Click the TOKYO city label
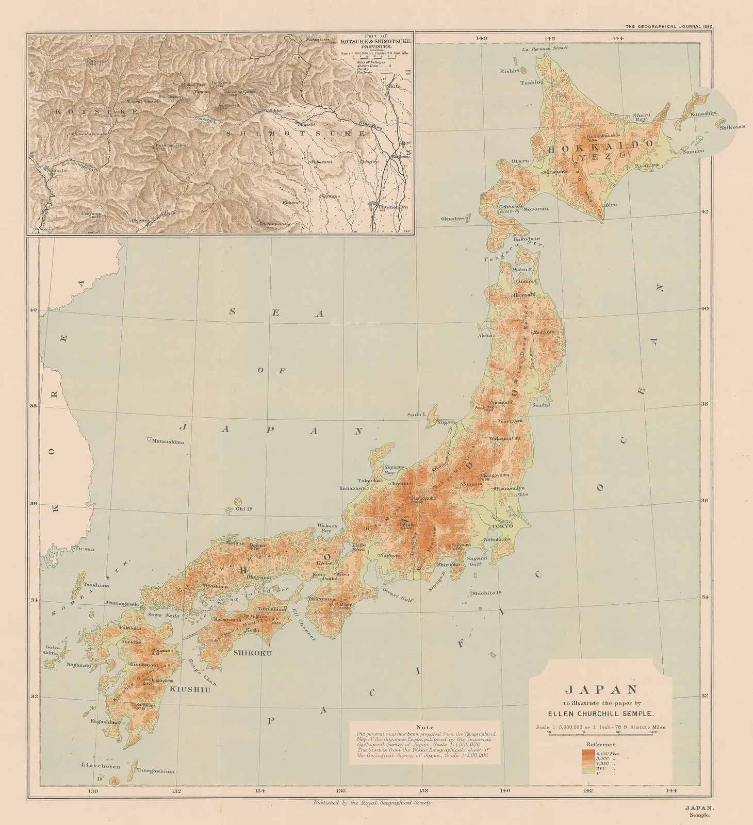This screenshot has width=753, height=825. point(502,526)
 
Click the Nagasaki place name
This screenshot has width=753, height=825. point(78,665)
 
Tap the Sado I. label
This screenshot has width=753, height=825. point(416,414)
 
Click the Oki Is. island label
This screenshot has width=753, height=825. point(243,509)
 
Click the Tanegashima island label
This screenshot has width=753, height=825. point(156,771)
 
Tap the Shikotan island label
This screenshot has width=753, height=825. point(732,127)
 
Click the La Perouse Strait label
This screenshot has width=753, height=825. point(545,48)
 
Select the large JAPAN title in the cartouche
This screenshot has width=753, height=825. point(601,689)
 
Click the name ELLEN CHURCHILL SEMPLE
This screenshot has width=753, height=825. point(601,714)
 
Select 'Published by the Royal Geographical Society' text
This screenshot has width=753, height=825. point(372,803)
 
